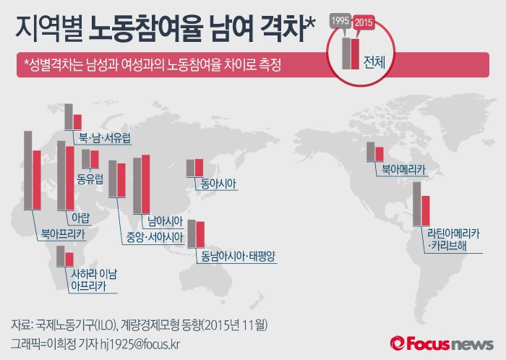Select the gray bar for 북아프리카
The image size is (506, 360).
tap(28, 170)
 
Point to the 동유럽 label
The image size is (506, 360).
tap(90, 176)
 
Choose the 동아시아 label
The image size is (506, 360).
tap(218, 184)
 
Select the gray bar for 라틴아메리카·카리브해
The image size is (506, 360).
tap(416, 204)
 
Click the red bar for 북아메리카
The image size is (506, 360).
tap(379, 153)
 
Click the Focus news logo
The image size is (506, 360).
tap(442, 343)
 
